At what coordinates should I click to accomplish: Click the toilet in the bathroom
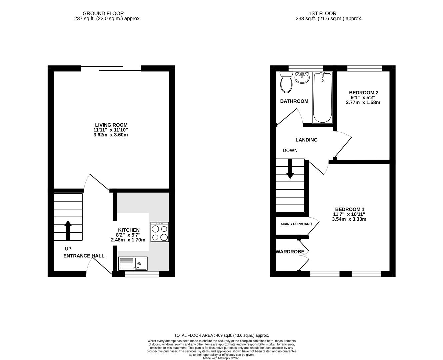click(286, 82)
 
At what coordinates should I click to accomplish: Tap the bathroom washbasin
click(302, 78)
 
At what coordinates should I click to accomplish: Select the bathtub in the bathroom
click(323, 98)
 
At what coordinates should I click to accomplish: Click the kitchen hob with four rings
click(160, 232)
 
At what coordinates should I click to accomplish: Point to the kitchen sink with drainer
click(133, 264)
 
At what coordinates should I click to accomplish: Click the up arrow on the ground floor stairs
click(68, 230)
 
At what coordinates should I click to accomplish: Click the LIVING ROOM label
click(111, 125)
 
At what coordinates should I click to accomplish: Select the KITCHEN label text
click(129, 230)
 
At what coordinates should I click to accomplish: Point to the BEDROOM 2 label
click(364, 93)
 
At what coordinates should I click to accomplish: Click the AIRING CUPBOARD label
click(296, 224)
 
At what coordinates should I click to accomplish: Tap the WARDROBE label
click(290, 252)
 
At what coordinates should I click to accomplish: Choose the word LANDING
click(306, 140)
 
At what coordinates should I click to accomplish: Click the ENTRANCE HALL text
click(84, 256)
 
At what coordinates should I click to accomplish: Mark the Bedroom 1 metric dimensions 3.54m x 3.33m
click(349, 219)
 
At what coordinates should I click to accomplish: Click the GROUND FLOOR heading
click(103, 14)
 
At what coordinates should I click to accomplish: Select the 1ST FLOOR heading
click(322, 14)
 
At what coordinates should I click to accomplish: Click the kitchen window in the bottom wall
click(142, 274)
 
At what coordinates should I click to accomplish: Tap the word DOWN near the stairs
click(290, 150)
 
